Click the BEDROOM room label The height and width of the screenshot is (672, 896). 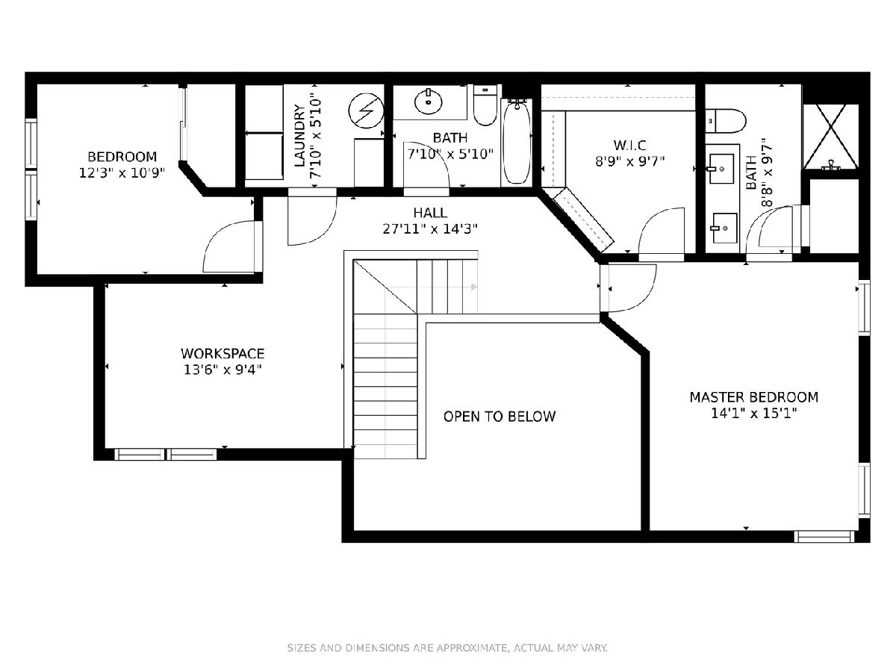(122, 157)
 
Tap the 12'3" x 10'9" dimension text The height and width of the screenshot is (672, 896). (122, 173)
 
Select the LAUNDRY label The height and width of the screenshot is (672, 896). (299, 136)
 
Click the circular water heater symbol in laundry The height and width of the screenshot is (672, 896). (366, 111)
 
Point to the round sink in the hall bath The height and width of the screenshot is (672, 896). (428, 102)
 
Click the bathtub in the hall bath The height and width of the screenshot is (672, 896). (517, 142)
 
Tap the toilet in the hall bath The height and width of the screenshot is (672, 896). (485, 105)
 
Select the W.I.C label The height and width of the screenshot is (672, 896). (630, 146)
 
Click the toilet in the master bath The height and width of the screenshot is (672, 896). (725, 121)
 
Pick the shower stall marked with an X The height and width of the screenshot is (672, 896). (831, 136)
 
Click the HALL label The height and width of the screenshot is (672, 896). (430, 213)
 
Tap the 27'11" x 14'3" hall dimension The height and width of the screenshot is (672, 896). (430, 229)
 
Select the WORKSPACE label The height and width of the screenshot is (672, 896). (223, 353)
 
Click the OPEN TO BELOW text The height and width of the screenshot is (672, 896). (500, 416)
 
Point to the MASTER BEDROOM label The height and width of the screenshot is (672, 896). (754, 397)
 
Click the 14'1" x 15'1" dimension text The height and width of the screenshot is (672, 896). (754, 414)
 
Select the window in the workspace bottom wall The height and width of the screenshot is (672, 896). (165, 454)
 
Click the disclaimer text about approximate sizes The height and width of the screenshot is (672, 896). (447, 647)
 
